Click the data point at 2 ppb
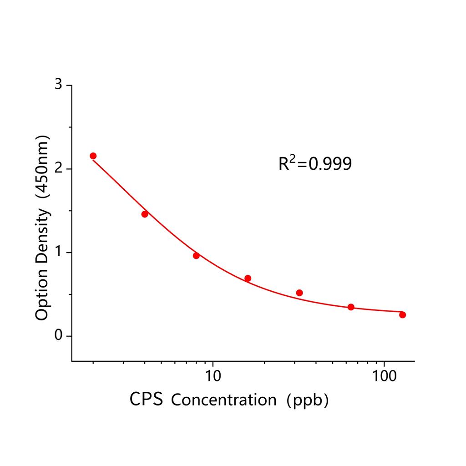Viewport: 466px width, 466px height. click(x=93, y=156)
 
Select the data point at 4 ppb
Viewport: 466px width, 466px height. click(x=145, y=214)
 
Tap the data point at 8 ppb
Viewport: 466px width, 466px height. click(x=196, y=256)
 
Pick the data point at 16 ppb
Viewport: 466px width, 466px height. click(x=248, y=278)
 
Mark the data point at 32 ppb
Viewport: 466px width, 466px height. click(x=299, y=293)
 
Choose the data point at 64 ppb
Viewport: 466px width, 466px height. click(x=351, y=307)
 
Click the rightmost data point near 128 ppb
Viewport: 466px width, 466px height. click(x=402, y=315)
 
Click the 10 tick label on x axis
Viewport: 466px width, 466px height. click(x=213, y=376)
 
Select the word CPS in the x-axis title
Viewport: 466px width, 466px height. click(x=146, y=400)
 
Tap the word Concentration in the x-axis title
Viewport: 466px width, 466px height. click(x=224, y=400)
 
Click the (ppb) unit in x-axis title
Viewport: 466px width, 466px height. click(x=309, y=400)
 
